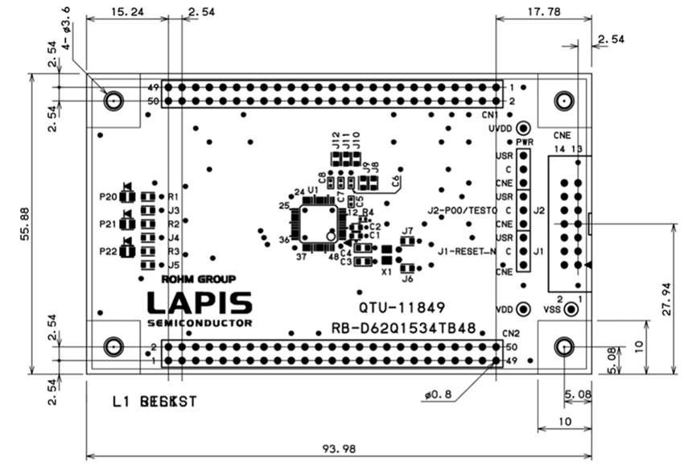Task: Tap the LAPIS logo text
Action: (x=199, y=303)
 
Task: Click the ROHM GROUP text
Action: (x=199, y=280)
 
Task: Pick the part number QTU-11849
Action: (x=401, y=307)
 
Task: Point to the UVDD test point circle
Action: (x=524, y=128)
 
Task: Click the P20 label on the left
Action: (x=107, y=196)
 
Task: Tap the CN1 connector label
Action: (x=492, y=115)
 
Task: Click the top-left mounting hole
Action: (x=113, y=100)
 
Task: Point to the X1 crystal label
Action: (x=386, y=272)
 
